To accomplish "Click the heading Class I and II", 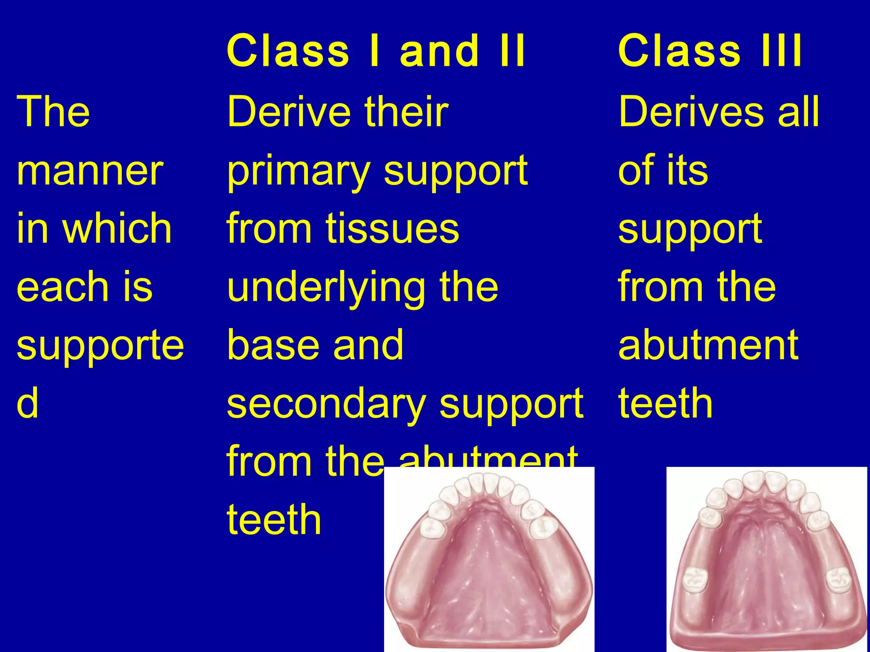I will (x=376, y=51).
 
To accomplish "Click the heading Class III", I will (x=710, y=51).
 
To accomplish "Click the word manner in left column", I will (x=90, y=171).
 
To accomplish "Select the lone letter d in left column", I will (x=27, y=403).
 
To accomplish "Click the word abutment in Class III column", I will (x=708, y=345).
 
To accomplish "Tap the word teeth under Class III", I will (x=665, y=403).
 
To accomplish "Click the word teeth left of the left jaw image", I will (x=274, y=520).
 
